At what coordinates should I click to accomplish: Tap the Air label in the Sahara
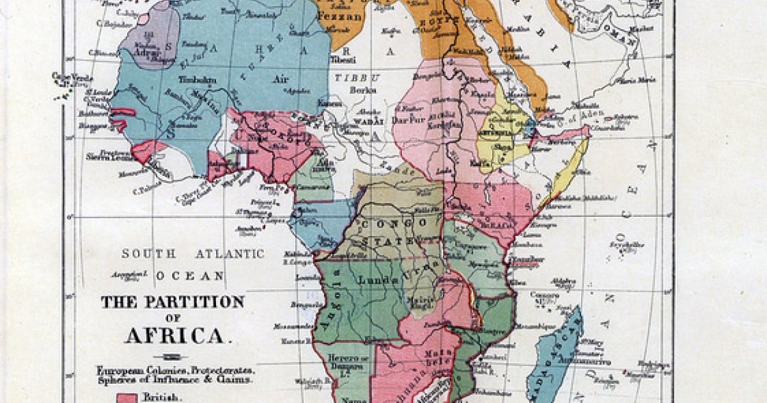(x=279, y=79)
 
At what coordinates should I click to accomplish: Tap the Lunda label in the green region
(x=376, y=280)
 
